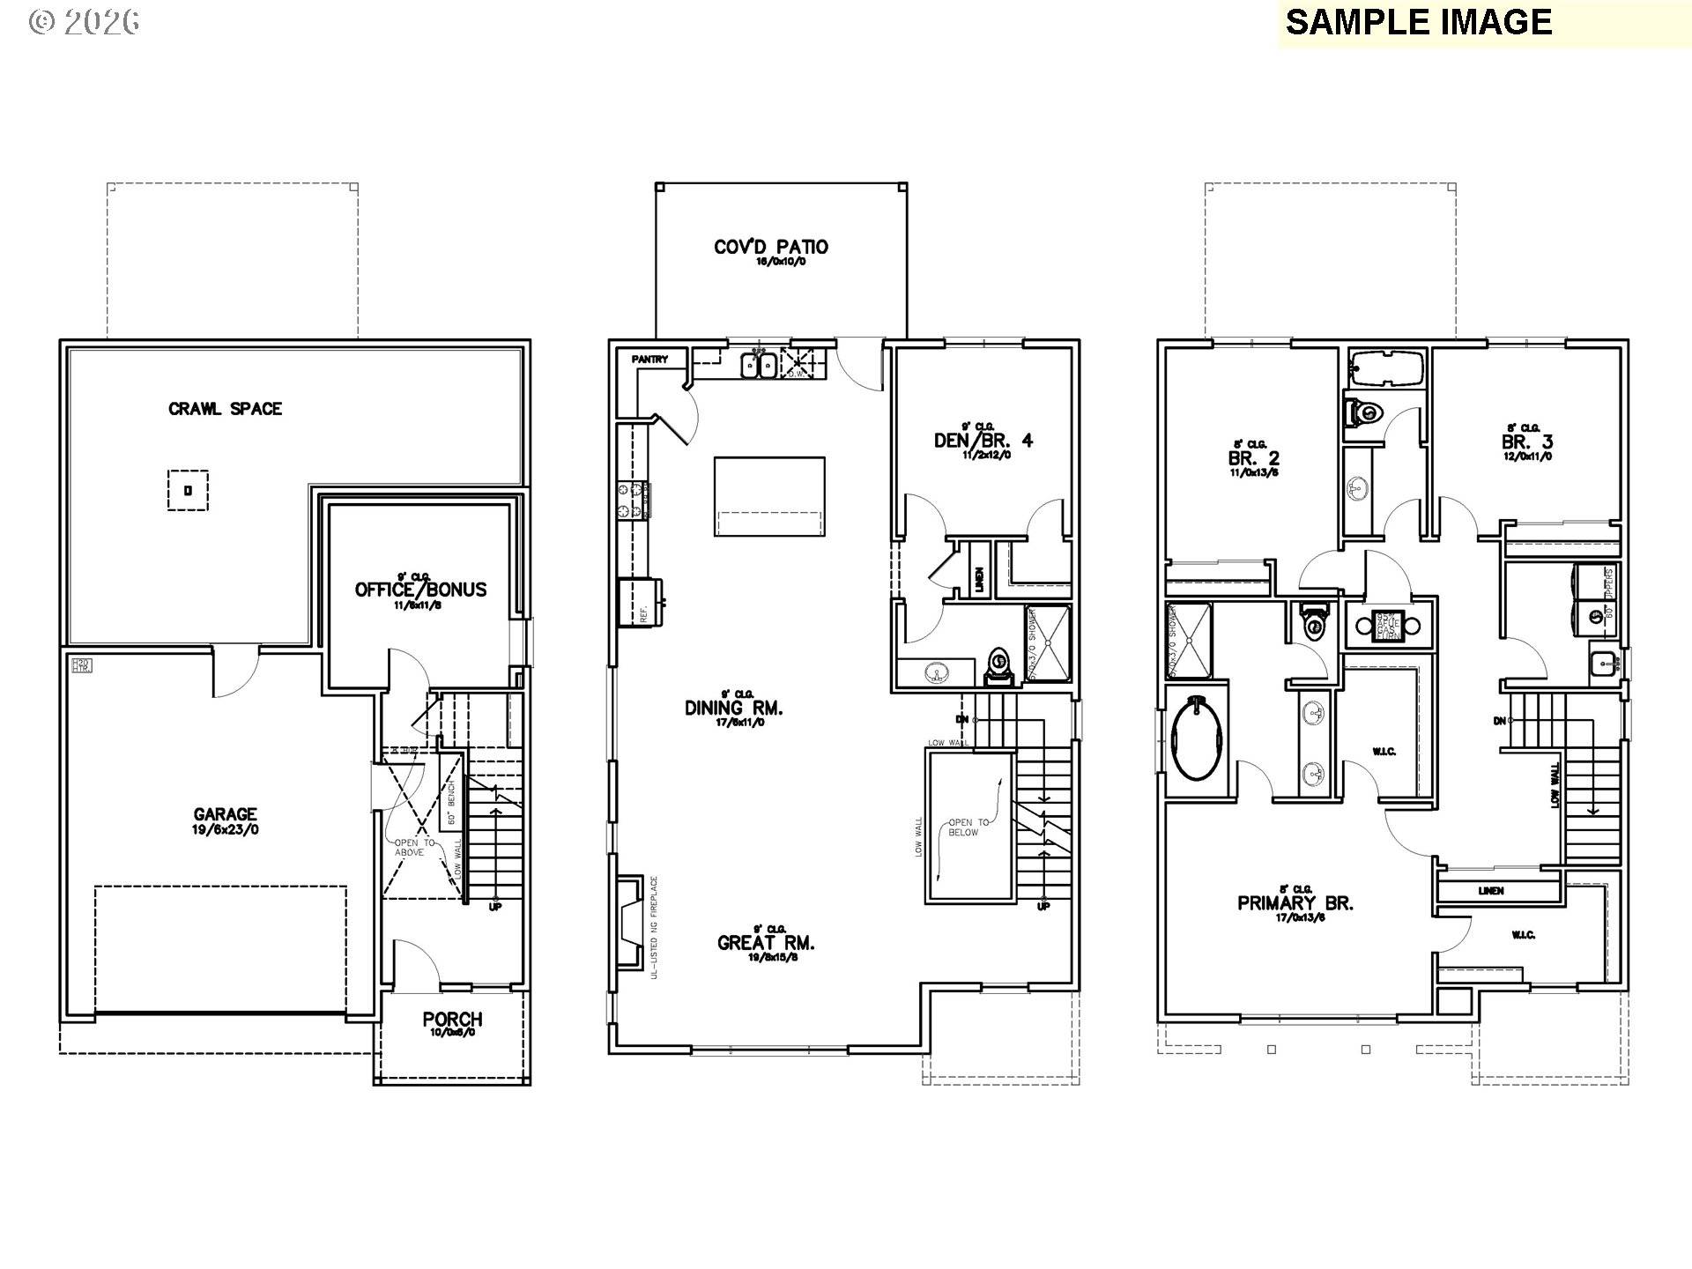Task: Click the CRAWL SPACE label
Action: (x=225, y=409)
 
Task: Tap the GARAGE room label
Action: (x=226, y=815)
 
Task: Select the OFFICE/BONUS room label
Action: (x=420, y=590)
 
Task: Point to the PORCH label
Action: (x=452, y=1020)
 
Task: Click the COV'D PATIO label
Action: (x=771, y=247)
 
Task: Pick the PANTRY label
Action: (x=649, y=360)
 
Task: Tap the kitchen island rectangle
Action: (x=769, y=496)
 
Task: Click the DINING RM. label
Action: (x=734, y=708)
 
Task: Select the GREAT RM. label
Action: (x=766, y=943)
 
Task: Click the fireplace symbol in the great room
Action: (x=629, y=924)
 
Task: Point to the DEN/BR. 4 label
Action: (x=983, y=440)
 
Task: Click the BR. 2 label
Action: (x=1253, y=458)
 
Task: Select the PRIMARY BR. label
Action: (x=1295, y=903)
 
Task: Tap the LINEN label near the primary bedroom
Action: (x=1491, y=891)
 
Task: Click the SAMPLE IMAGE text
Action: (x=1419, y=22)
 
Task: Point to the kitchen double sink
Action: (x=758, y=364)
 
